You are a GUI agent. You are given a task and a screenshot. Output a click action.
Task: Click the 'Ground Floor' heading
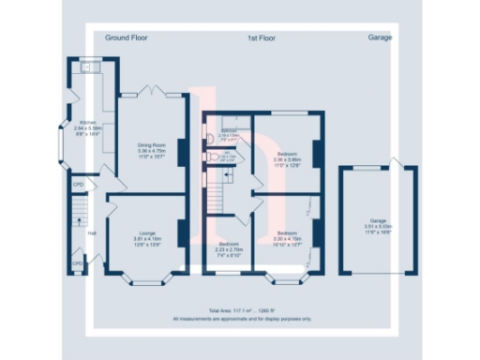point(127,38)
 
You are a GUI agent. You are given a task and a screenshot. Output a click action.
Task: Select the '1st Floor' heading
point(261,38)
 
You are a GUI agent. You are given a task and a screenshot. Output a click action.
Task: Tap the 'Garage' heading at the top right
point(380,38)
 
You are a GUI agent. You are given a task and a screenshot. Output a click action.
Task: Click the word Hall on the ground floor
point(92,233)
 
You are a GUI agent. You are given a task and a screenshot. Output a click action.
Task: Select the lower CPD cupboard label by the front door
point(79,263)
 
